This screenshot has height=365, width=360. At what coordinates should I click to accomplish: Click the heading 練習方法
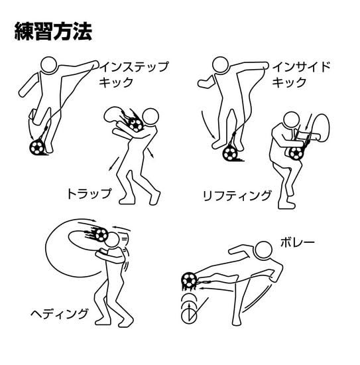click(53, 31)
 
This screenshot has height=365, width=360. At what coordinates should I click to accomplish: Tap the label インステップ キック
click(133, 74)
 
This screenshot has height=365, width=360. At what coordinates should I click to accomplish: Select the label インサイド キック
click(301, 74)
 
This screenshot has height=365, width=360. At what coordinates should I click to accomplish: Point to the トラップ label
click(89, 194)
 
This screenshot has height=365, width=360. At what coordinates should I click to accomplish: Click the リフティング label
click(237, 196)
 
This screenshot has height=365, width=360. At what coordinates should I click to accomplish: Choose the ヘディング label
click(60, 313)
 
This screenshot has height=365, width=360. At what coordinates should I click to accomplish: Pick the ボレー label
click(298, 243)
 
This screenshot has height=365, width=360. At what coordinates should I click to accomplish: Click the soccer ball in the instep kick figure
click(36, 147)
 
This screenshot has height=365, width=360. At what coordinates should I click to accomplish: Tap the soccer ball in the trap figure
click(136, 125)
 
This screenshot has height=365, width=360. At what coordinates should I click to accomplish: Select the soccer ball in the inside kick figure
click(230, 153)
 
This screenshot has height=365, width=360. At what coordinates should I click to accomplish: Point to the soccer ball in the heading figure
click(101, 234)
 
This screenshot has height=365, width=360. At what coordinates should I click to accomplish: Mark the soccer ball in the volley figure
click(189, 280)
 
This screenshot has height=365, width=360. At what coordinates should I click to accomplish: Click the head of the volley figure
click(263, 250)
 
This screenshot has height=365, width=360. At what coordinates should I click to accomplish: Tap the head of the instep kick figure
click(49, 65)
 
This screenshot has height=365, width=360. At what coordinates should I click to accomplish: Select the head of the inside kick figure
click(221, 64)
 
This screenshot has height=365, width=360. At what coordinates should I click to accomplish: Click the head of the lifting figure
click(292, 120)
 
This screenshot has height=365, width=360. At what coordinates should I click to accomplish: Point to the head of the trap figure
click(150, 117)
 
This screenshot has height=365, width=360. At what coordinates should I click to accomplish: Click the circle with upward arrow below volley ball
click(189, 315)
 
